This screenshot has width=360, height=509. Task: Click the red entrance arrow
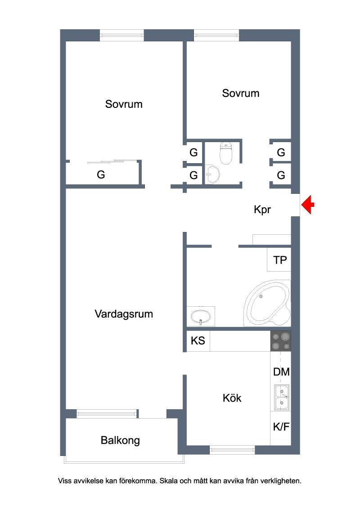point(307,205)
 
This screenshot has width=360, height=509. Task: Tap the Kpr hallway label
point(262,210)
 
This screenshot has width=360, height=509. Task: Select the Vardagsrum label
point(124,314)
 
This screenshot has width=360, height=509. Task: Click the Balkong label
point(120,441)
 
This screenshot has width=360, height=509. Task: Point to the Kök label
point(232,398)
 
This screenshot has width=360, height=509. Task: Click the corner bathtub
point(268,304)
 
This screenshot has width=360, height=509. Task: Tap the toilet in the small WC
point(226,153)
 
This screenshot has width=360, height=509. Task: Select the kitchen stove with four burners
point(281,341)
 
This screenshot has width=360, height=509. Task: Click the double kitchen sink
point(282,397)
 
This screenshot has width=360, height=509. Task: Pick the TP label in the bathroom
point(280,260)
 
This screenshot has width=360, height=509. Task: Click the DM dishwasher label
point(281,372)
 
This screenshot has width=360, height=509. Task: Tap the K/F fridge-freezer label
point(281,427)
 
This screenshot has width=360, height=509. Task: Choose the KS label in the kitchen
point(198,340)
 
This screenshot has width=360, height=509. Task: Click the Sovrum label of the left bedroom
point(124,104)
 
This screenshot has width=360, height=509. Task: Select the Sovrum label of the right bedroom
point(241,94)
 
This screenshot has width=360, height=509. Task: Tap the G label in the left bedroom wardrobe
point(101,174)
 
